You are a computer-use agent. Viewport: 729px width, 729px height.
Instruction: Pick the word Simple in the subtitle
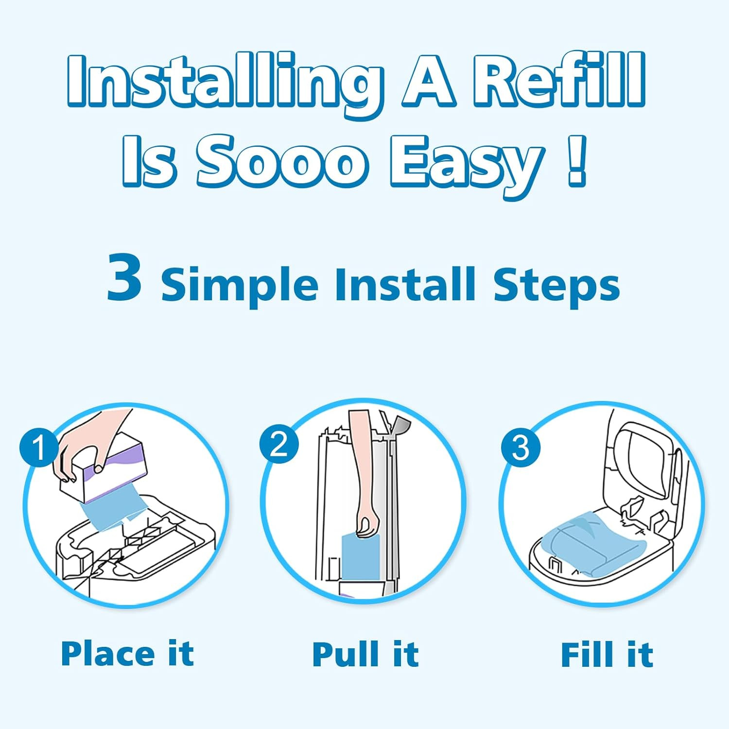[239, 285]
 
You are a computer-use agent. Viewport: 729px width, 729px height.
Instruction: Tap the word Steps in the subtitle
[556, 285]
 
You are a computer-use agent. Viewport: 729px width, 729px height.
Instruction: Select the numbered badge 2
[279, 443]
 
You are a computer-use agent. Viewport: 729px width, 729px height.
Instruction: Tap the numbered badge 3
[521, 447]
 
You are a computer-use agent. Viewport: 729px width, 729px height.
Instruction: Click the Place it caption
[127, 654]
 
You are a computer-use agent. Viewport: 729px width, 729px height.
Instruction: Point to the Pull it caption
[365, 654]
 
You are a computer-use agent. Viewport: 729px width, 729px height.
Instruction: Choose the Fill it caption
[607, 655]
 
